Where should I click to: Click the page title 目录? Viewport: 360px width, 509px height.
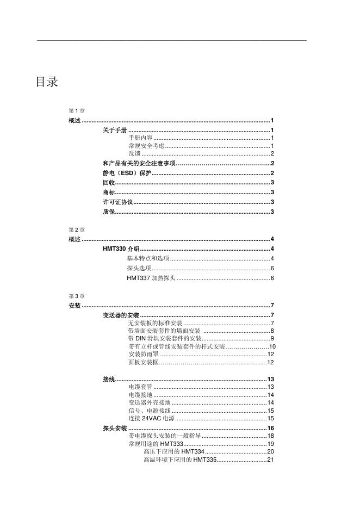click(x=47, y=83)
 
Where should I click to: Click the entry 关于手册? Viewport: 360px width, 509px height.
click(x=115, y=131)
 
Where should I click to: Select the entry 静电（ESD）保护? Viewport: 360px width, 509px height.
click(x=127, y=173)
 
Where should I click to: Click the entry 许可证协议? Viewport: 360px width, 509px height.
click(x=117, y=202)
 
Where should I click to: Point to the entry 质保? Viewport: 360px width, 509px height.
click(x=109, y=212)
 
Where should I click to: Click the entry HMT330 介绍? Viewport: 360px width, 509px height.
click(x=121, y=249)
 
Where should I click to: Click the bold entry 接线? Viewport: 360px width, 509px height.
click(x=109, y=379)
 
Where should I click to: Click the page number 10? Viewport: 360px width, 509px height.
click(x=273, y=346)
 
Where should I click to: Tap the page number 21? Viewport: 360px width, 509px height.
click(x=270, y=460)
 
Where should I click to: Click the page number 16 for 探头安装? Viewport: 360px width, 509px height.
click(x=270, y=429)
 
